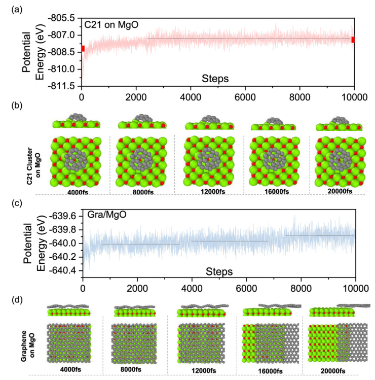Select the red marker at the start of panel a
pos(82,49)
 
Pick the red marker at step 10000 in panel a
pos(353,40)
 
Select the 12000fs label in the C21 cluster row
pos(206,192)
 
